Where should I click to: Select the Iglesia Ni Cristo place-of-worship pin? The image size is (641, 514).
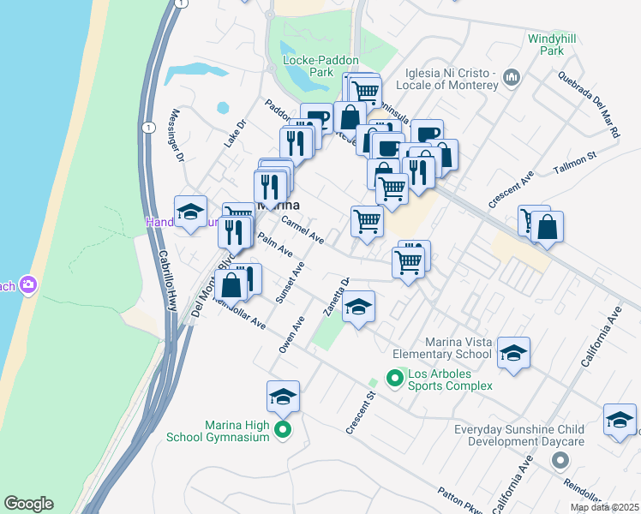(512, 78)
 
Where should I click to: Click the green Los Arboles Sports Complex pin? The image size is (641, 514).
(395, 377)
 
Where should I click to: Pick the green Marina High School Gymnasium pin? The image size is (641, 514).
(285, 431)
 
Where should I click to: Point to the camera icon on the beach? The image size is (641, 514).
(28, 284)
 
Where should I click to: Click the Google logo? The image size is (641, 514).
(28, 504)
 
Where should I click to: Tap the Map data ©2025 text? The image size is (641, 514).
(604, 507)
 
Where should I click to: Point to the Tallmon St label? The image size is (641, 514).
(573, 162)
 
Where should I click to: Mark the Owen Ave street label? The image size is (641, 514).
(292, 335)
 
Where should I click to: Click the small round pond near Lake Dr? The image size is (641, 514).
(223, 108)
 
